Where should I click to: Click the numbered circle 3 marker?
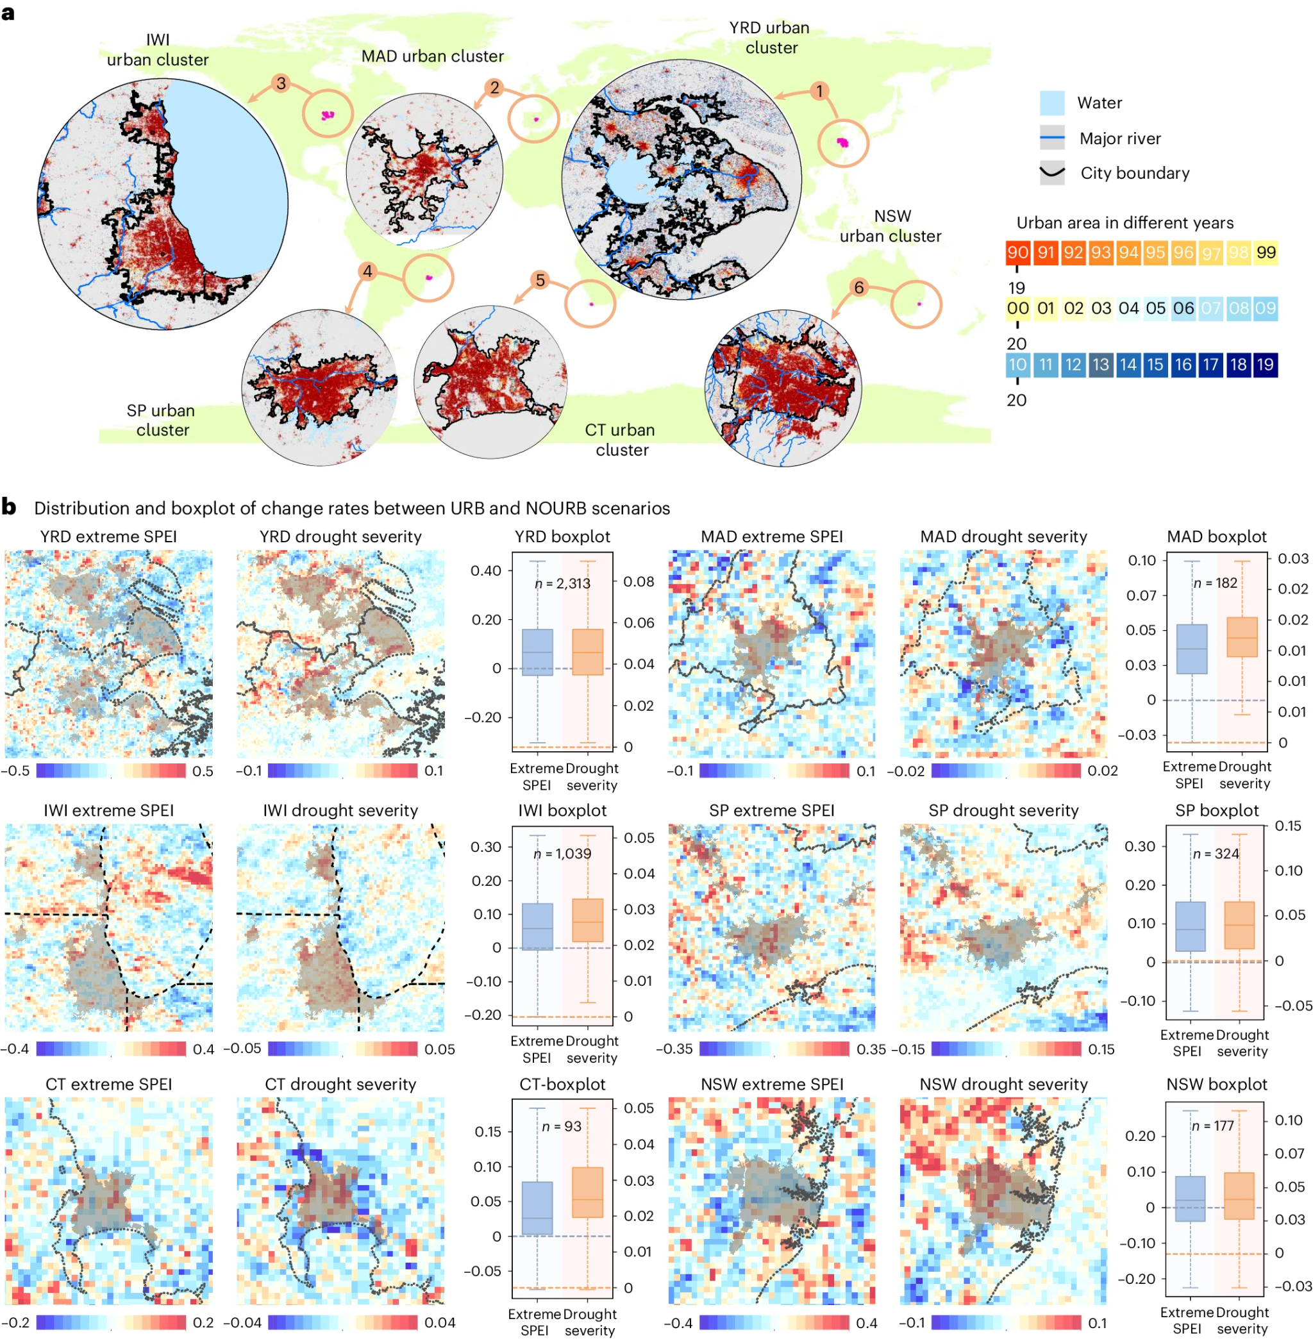(x=281, y=84)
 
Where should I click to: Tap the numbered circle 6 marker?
(x=858, y=288)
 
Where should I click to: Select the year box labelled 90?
(x=1018, y=253)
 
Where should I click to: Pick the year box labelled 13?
(x=1101, y=365)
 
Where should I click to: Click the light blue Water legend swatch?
(x=1051, y=103)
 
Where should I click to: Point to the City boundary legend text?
(x=1134, y=173)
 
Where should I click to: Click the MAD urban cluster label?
(x=432, y=56)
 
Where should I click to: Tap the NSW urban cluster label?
(x=891, y=226)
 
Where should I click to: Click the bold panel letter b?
(x=9, y=507)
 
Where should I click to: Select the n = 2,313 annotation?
(x=563, y=583)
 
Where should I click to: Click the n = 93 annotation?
(x=562, y=1126)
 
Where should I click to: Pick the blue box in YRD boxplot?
(x=537, y=652)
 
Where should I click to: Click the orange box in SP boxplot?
(x=1239, y=925)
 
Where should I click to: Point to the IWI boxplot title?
(x=562, y=810)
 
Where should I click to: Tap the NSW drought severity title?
(x=1003, y=1084)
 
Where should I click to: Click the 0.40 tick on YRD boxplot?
(x=485, y=571)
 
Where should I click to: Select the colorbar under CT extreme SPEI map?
(x=110, y=1322)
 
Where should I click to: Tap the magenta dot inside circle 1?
(x=842, y=142)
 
